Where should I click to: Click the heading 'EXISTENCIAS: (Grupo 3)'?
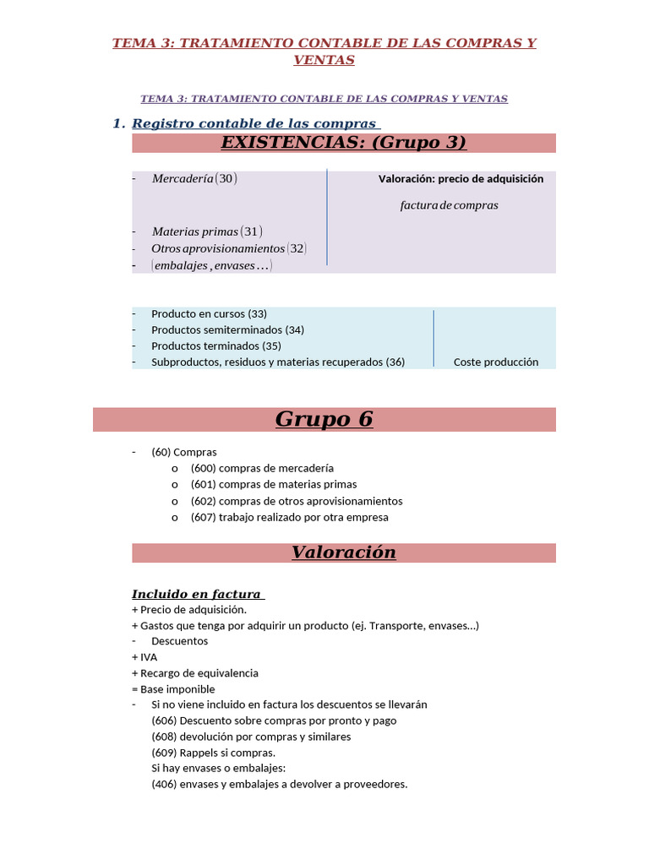[x=343, y=143]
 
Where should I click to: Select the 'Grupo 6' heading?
[x=324, y=419]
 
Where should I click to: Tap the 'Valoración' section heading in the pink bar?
[x=343, y=552]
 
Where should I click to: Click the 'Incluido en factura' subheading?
[x=196, y=594]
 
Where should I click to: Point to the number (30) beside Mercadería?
[x=226, y=179]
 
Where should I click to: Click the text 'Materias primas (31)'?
[x=207, y=231]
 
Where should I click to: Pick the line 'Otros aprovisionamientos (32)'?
[x=228, y=248]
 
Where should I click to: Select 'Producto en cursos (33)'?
[x=209, y=313]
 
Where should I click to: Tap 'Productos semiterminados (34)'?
[x=227, y=329]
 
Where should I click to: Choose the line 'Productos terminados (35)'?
[x=215, y=345]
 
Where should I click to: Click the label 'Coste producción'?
[x=495, y=362]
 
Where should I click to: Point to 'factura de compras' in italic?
[x=449, y=205]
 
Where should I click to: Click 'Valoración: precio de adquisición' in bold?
[x=461, y=179]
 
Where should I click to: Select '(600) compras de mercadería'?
[x=262, y=468]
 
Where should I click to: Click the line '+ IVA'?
[x=145, y=657]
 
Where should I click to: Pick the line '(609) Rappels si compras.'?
[x=213, y=753]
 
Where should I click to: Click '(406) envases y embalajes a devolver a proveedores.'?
[x=279, y=784]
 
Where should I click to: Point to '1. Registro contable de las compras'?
[x=247, y=123]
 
